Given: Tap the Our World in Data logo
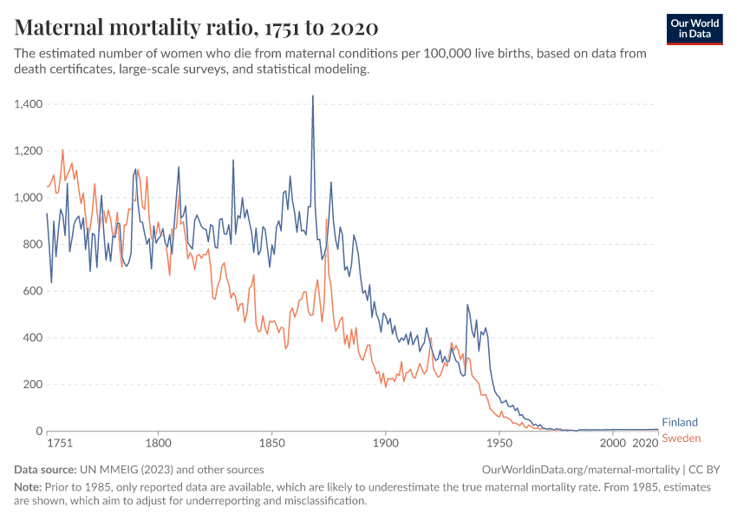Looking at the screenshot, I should [694, 29].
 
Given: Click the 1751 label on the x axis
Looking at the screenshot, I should [60, 443].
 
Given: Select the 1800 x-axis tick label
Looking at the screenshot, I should [159, 443].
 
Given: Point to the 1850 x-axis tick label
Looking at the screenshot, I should [271, 443].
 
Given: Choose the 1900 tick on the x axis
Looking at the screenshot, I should [385, 443].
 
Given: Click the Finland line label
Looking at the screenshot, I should [680, 423].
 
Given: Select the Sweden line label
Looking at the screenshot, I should [681, 438].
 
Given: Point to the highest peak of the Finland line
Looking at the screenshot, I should [313, 96].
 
